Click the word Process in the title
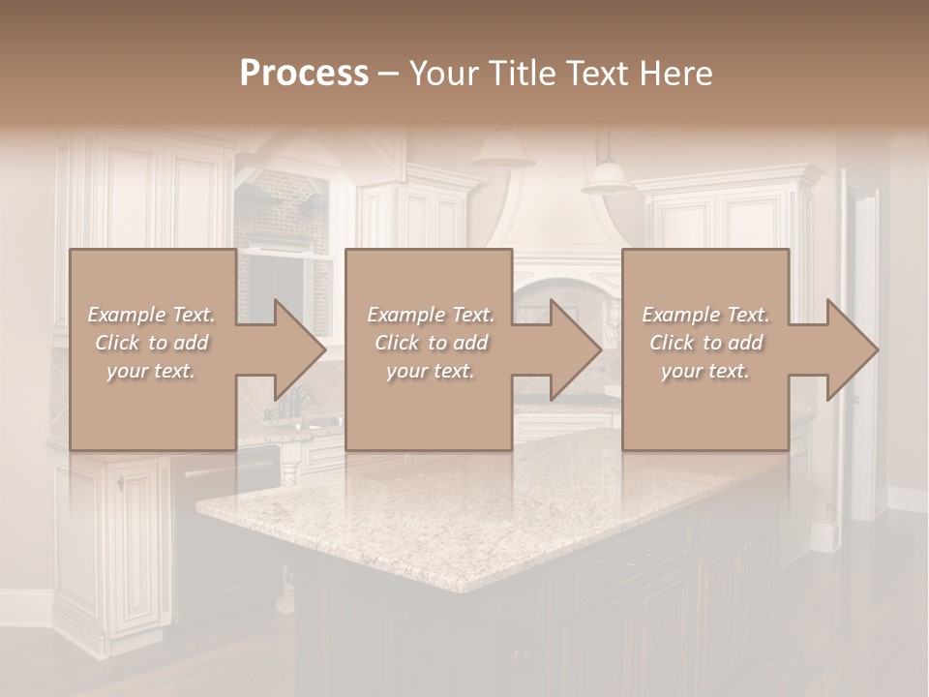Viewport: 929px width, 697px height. click(x=304, y=74)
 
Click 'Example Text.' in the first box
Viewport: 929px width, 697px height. click(x=151, y=315)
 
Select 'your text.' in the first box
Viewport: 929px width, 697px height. click(x=151, y=371)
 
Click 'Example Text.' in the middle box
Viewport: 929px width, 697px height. click(x=431, y=315)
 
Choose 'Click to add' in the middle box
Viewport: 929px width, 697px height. click(x=431, y=343)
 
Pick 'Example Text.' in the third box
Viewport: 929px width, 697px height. click(x=705, y=315)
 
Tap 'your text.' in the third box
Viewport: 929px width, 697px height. click(x=705, y=371)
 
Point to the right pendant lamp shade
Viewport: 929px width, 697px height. click(x=609, y=176)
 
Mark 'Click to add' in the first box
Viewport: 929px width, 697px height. click(x=151, y=343)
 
